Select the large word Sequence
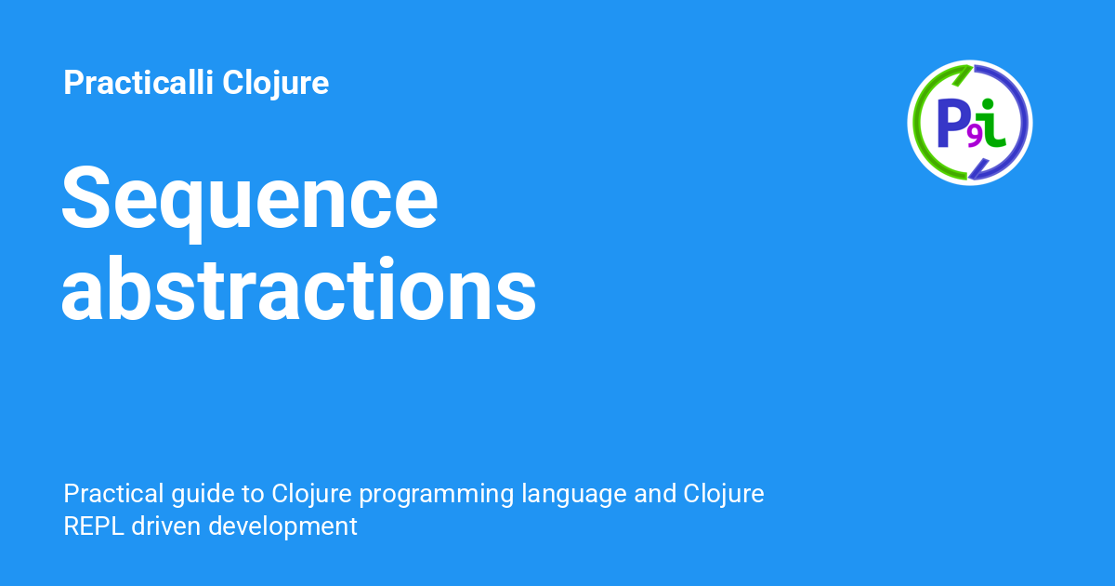click(x=249, y=198)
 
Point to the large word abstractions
click(x=298, y=291)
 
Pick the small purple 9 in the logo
click(x=974, y=136)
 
